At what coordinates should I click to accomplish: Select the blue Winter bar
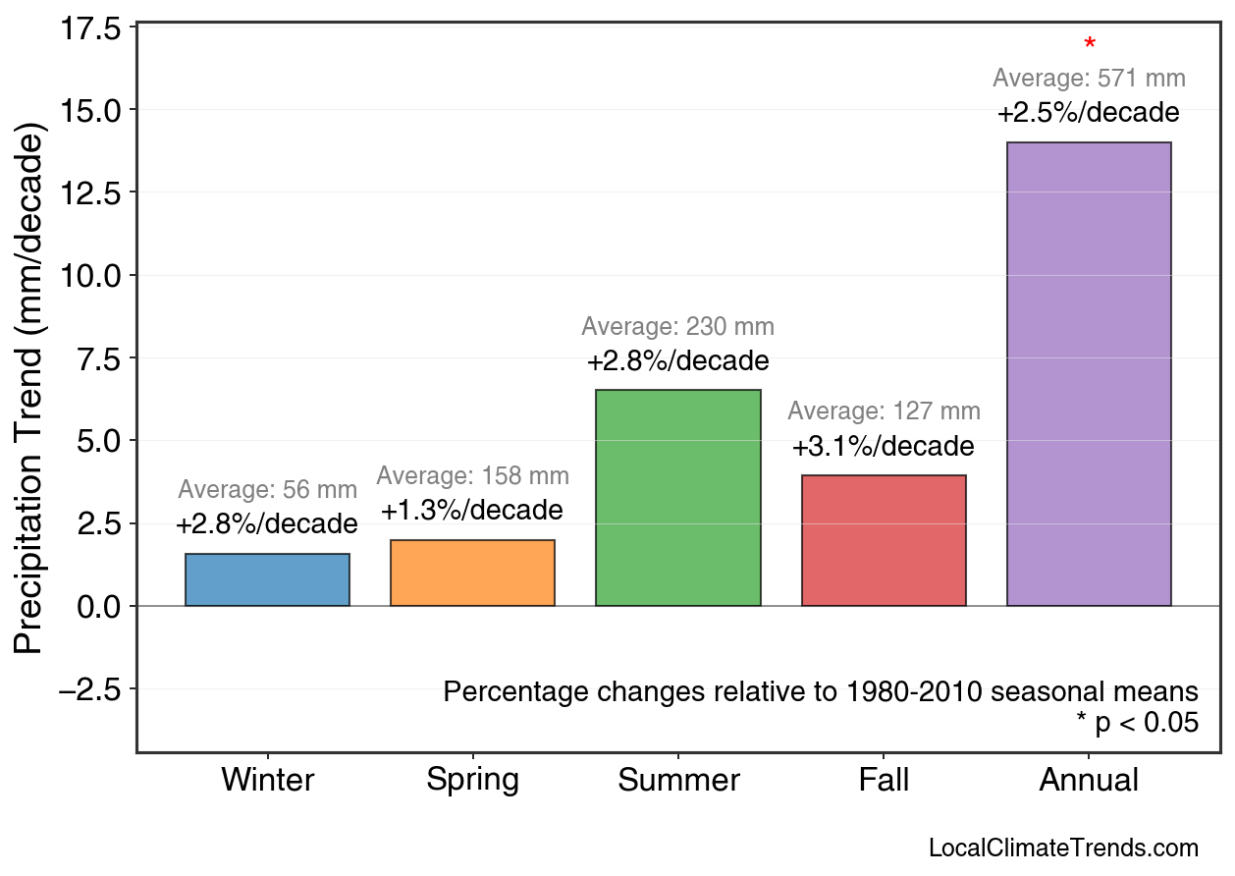point(267,580)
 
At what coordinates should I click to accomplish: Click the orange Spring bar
point(472,574)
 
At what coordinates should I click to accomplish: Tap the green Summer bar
point(677,498)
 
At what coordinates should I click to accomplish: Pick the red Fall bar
point(884,541)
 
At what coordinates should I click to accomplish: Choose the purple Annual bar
point(1089,374)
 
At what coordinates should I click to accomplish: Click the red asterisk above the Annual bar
point(1090,44)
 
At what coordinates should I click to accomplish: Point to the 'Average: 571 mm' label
point(1089,79)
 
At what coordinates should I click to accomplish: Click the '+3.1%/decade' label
point(884,448)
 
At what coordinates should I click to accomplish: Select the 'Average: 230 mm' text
point(677,327)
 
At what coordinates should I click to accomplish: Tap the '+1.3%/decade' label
point(472,512)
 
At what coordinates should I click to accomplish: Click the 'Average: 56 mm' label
point(267,490)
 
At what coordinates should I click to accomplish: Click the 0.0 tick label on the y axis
point(99,606)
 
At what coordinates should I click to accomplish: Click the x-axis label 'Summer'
point(678,781)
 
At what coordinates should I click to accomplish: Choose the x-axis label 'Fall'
point(884,781)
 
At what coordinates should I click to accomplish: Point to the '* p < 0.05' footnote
point(1137,724)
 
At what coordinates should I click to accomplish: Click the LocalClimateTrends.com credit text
point(1063,849)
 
